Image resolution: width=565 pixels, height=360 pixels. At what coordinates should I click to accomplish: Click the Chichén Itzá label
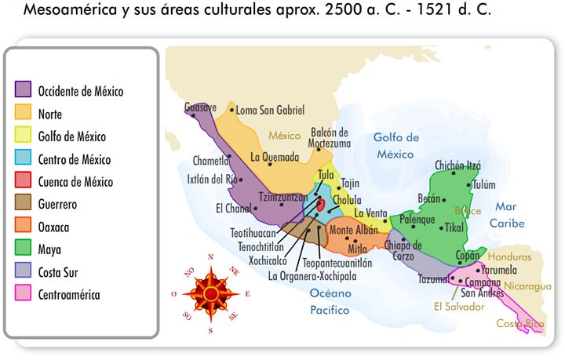tap(457, 165)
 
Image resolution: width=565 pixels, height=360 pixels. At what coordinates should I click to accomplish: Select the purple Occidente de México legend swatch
tap(23, 91)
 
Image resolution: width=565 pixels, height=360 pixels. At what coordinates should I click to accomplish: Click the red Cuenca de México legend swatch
tap(23, 182)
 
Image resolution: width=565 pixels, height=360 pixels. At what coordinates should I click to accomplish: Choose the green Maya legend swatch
tap(23, 250)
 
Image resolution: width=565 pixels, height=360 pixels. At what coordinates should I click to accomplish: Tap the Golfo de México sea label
tap(395, 145)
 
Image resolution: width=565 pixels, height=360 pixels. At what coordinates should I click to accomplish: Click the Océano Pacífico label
tap(329, 302)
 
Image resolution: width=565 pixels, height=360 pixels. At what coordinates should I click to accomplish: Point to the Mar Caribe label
tap(508, 215)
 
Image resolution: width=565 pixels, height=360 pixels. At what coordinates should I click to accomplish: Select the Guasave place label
tap(200, 107)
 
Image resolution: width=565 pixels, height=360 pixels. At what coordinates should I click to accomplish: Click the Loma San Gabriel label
tap(270, 111)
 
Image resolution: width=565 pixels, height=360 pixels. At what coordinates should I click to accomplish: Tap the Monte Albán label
tap(352, 231)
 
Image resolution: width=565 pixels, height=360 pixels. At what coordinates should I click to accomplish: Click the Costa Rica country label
tap(519, 323)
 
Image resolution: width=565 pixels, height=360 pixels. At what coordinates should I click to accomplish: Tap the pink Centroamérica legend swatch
tap(23, 296)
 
